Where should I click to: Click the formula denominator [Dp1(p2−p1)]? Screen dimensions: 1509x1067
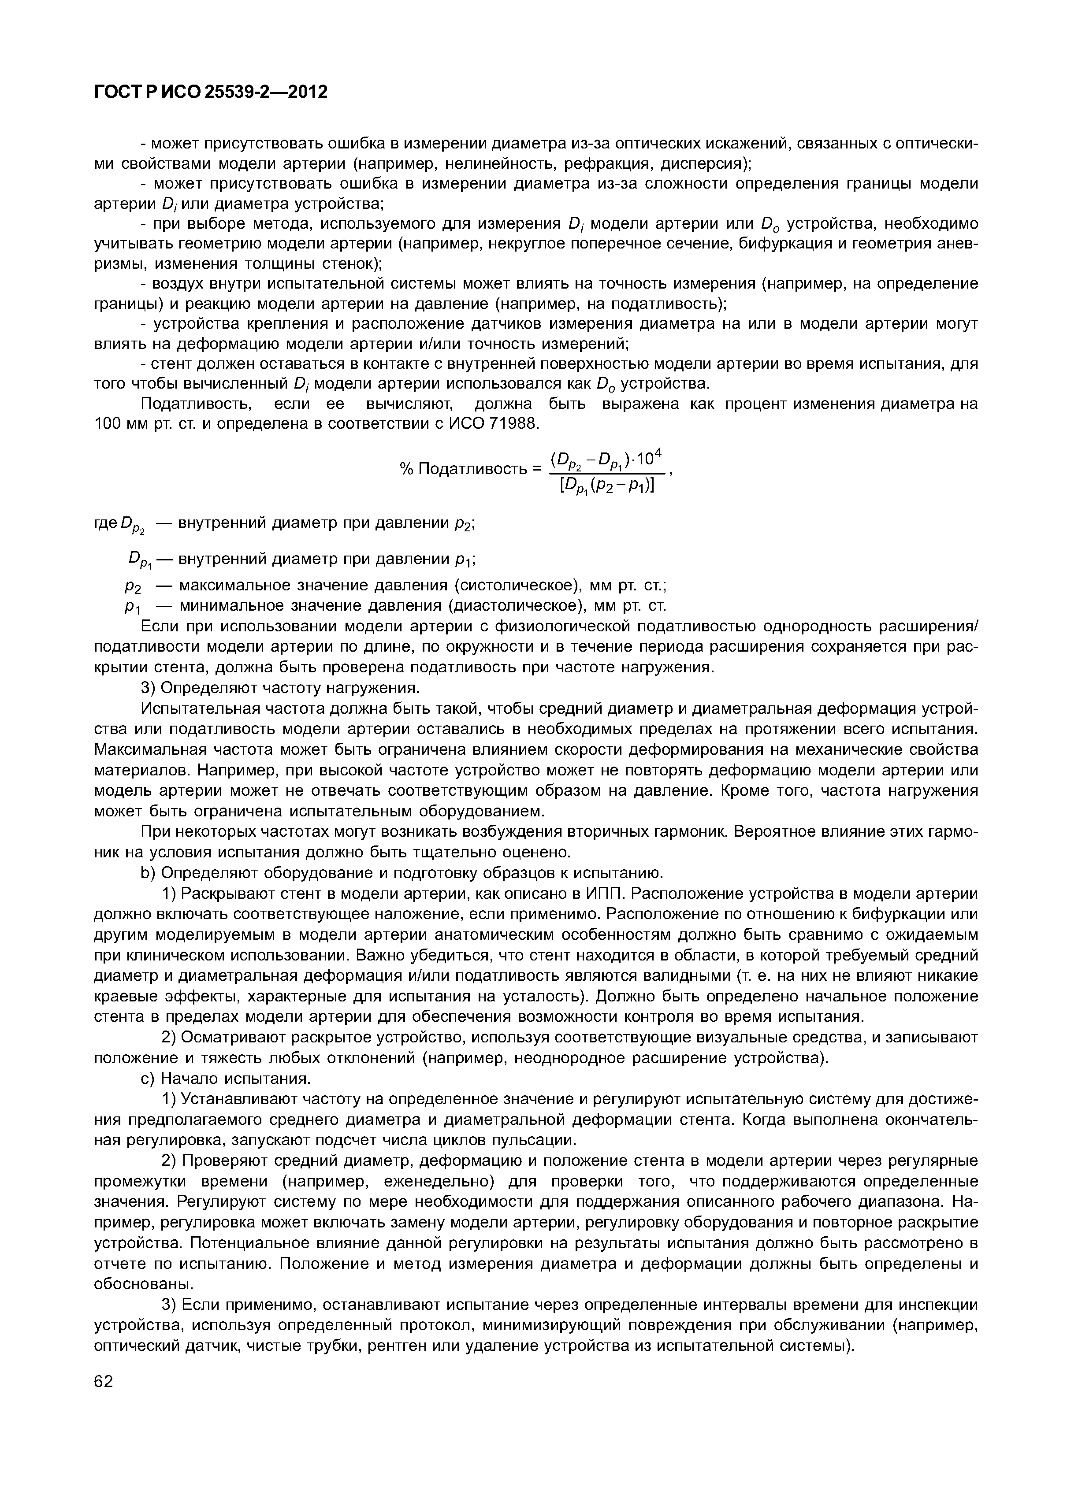606,487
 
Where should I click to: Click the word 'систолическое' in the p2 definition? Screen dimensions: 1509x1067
517,586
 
